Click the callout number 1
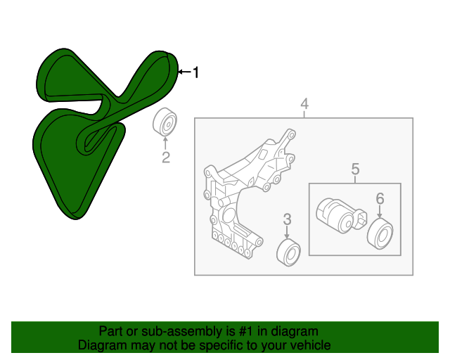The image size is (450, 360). pyautogui.click(x=196, y=72)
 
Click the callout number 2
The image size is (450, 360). pyautogui.click(x=166, y=157)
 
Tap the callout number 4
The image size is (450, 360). pyautogui.click(x=304, y=105)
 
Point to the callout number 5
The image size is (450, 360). pyautogui.click(x=355, y=168)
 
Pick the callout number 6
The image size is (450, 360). pyautogui.click(x=380, y=199)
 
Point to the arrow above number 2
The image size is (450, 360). pyautogui.click(x=166, y=142)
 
